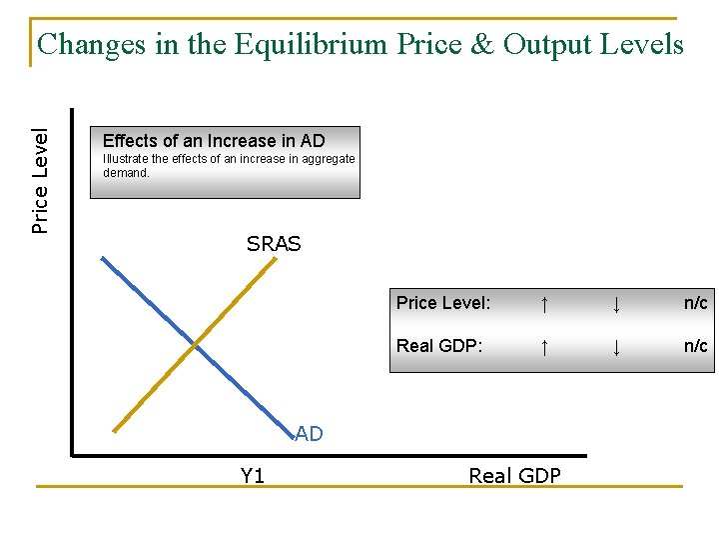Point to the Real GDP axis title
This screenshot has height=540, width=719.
tap(514, 476)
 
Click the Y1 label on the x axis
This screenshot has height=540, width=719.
tap(253, 476)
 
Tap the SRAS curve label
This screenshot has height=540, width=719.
tap(274, 243)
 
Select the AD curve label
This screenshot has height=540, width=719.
tap(310, 434)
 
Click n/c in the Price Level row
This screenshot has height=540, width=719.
tap(695, 303)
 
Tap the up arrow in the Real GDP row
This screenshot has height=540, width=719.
tap(543, 347)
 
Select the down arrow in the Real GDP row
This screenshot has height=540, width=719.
tap(616, 347)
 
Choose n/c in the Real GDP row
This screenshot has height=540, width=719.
tap(695, 346)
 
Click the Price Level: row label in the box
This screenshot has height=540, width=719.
tap(443, 303)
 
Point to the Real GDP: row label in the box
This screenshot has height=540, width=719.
tap(439, 346)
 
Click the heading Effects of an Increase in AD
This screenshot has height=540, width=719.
tap(214, 141)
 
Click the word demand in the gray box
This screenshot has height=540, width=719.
tap(126, 172)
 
